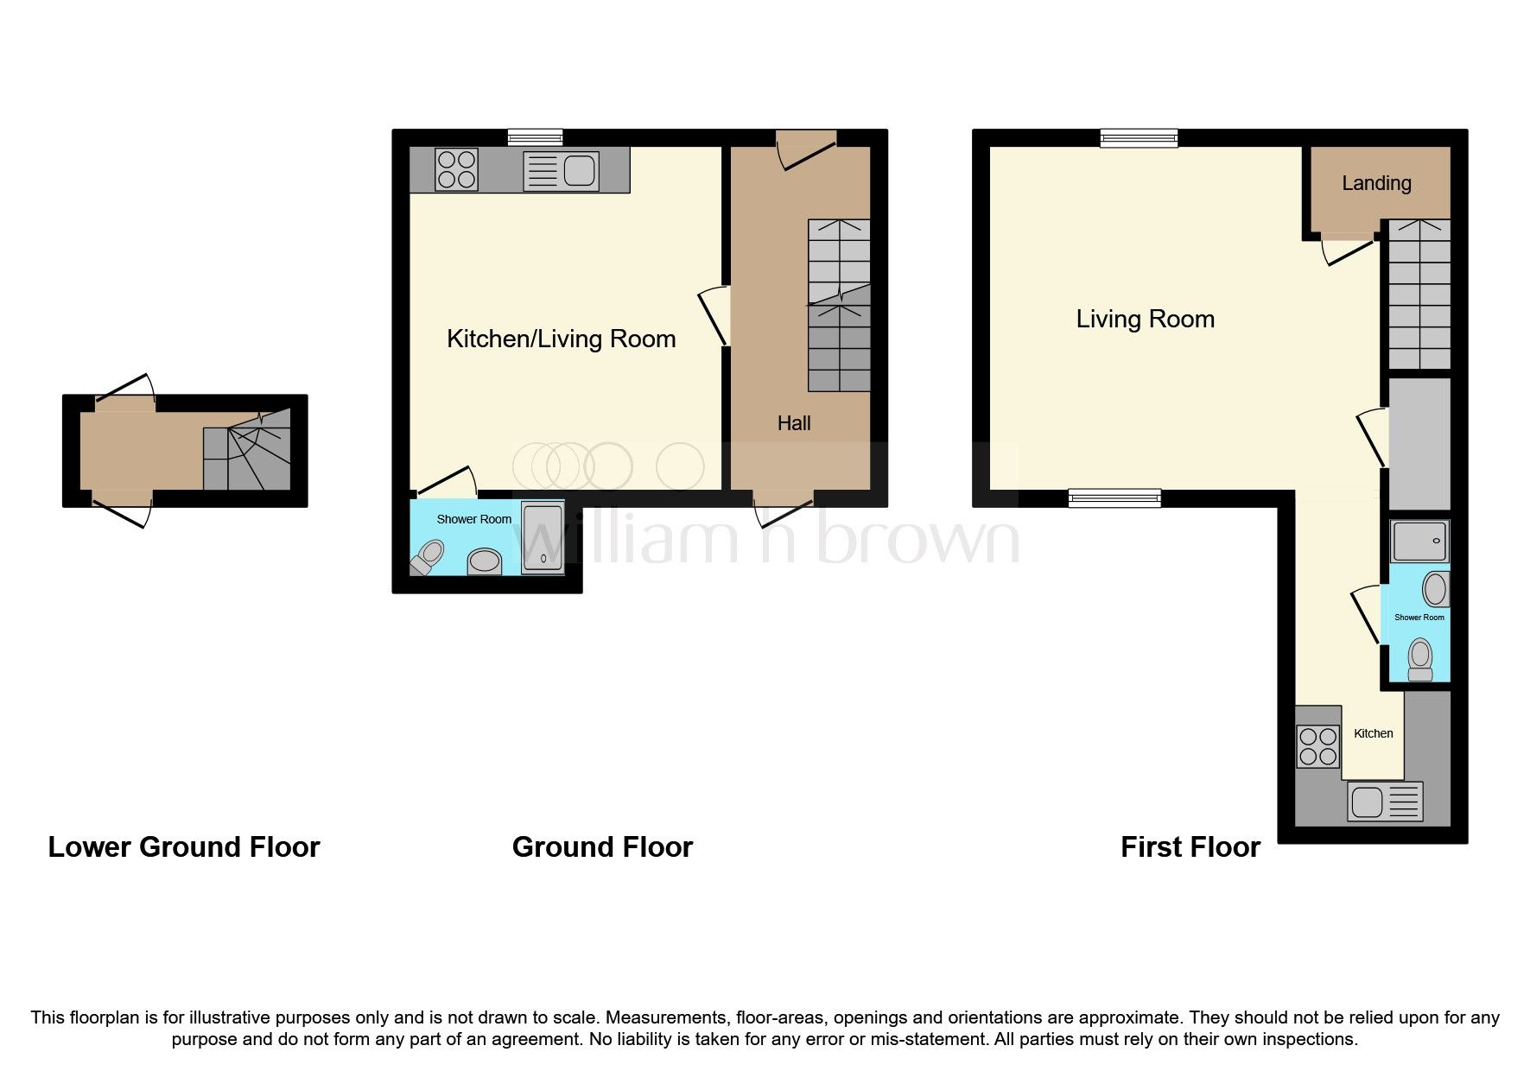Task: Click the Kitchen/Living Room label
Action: pos(561,339)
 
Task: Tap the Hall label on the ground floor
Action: pos(793,423)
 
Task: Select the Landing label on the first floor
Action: pos(1376,183)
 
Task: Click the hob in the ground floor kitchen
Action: pos(457,169)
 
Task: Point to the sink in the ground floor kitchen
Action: pos(561,170)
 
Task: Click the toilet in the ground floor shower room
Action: pos(428,557)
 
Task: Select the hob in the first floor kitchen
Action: pos(1318,747)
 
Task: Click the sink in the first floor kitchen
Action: pos(1384,802)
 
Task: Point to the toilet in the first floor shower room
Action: pos(1419,659)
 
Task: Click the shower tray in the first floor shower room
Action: pos(1419,542)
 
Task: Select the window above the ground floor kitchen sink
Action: pos(535,137)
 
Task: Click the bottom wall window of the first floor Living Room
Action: pos(1114,497)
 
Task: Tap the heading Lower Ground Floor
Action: pos(183,847)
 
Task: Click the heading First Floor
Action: pos(1190,847)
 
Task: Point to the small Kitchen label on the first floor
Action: pos(1373,733)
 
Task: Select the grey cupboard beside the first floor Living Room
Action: pos(1419,443)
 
